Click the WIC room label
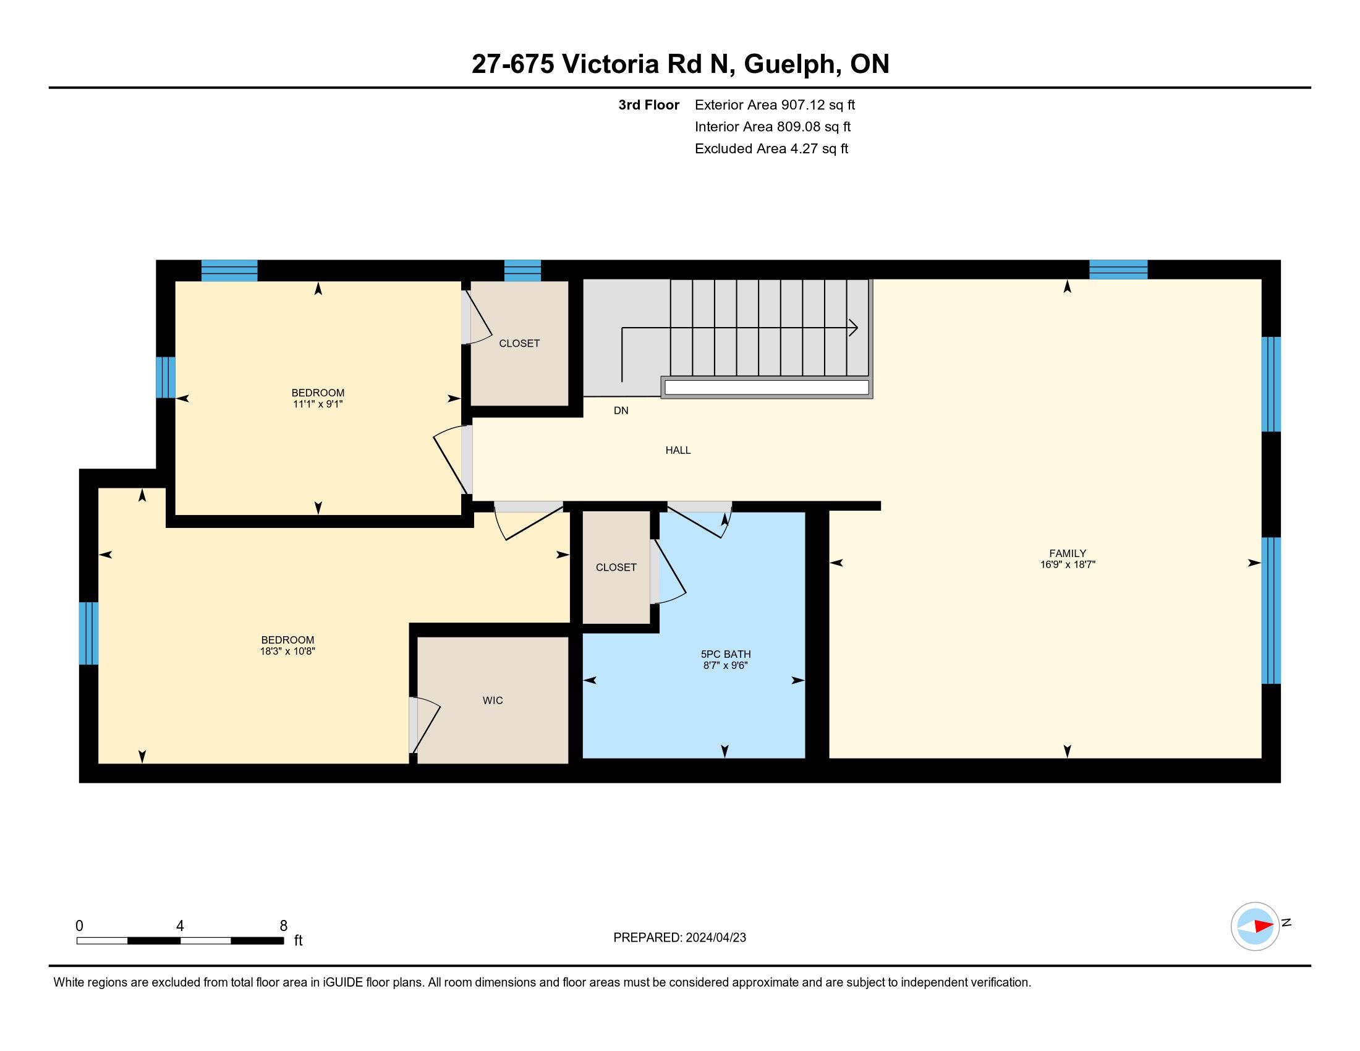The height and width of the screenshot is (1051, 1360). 493,700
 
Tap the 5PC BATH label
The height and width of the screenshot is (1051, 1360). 726,654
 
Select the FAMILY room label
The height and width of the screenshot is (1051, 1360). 1068,553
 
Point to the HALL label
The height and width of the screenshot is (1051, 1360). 678,450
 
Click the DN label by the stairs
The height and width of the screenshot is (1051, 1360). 621,411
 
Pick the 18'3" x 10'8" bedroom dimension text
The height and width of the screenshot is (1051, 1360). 287,651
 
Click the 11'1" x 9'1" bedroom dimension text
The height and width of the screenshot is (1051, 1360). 318,404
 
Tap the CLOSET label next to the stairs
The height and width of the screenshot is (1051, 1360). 519,344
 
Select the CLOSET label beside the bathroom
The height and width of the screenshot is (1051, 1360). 616,567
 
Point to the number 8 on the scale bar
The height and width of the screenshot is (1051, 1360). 283,926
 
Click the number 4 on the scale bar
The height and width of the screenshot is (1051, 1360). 180,926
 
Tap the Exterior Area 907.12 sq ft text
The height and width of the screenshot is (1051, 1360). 775,105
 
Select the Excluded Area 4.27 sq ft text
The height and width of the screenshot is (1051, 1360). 771,149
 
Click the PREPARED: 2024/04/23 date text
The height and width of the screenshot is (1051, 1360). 679,938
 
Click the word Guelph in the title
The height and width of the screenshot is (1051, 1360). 789,64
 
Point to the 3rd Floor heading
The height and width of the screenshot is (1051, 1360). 648,105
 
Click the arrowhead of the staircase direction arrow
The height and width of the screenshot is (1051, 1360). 854,328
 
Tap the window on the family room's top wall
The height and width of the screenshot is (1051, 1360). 1118,270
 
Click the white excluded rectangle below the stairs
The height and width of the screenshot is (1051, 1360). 767,387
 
